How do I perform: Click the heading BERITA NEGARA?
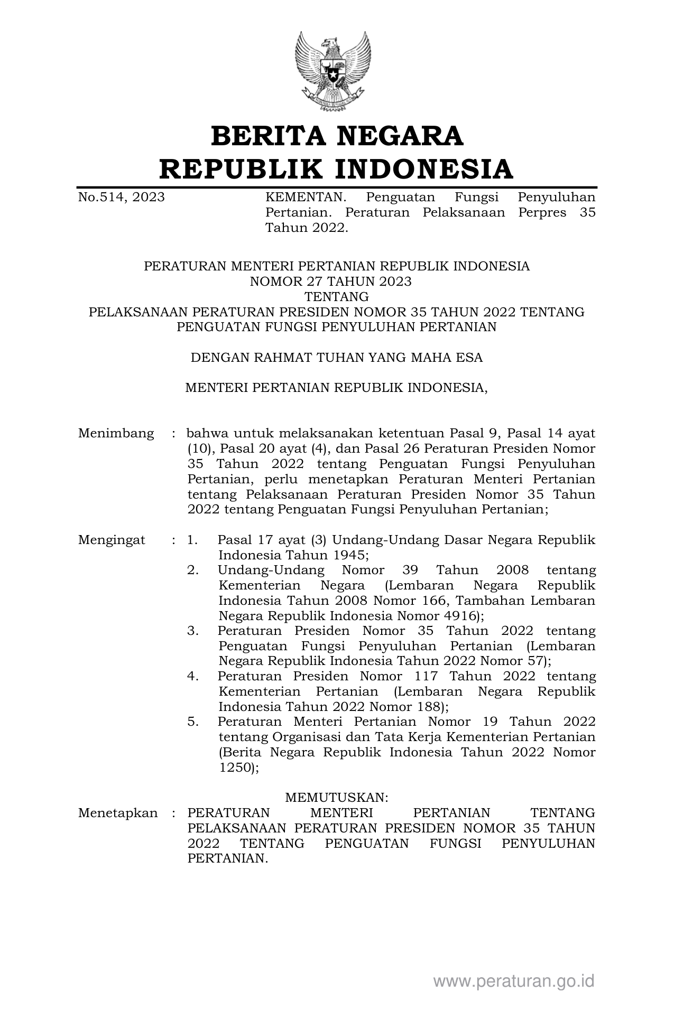pyautogui.click(x=337, y=136)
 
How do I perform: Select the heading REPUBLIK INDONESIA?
pyautogui.click(x=337, y=169)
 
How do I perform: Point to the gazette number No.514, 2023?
pyautogui.click(x=121, y=198)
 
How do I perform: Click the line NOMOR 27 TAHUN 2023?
pyautogui.click(x=330, y=282)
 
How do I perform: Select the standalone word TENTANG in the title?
pyautogui.click(x=337, y=297)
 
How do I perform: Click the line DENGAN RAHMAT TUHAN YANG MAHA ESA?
pyautogui.click(x=337, y=358)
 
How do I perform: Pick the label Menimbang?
pyautogui.click(x=116, y=434)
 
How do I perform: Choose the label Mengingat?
pyautogui.click(x=112, y=540)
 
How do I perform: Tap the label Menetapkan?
pyautogui.click(x=118, y=813)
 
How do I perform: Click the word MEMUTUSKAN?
pyautogui.click(x=337, y=797)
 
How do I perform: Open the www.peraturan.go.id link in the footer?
pyautogui.click(x=514, y=981)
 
